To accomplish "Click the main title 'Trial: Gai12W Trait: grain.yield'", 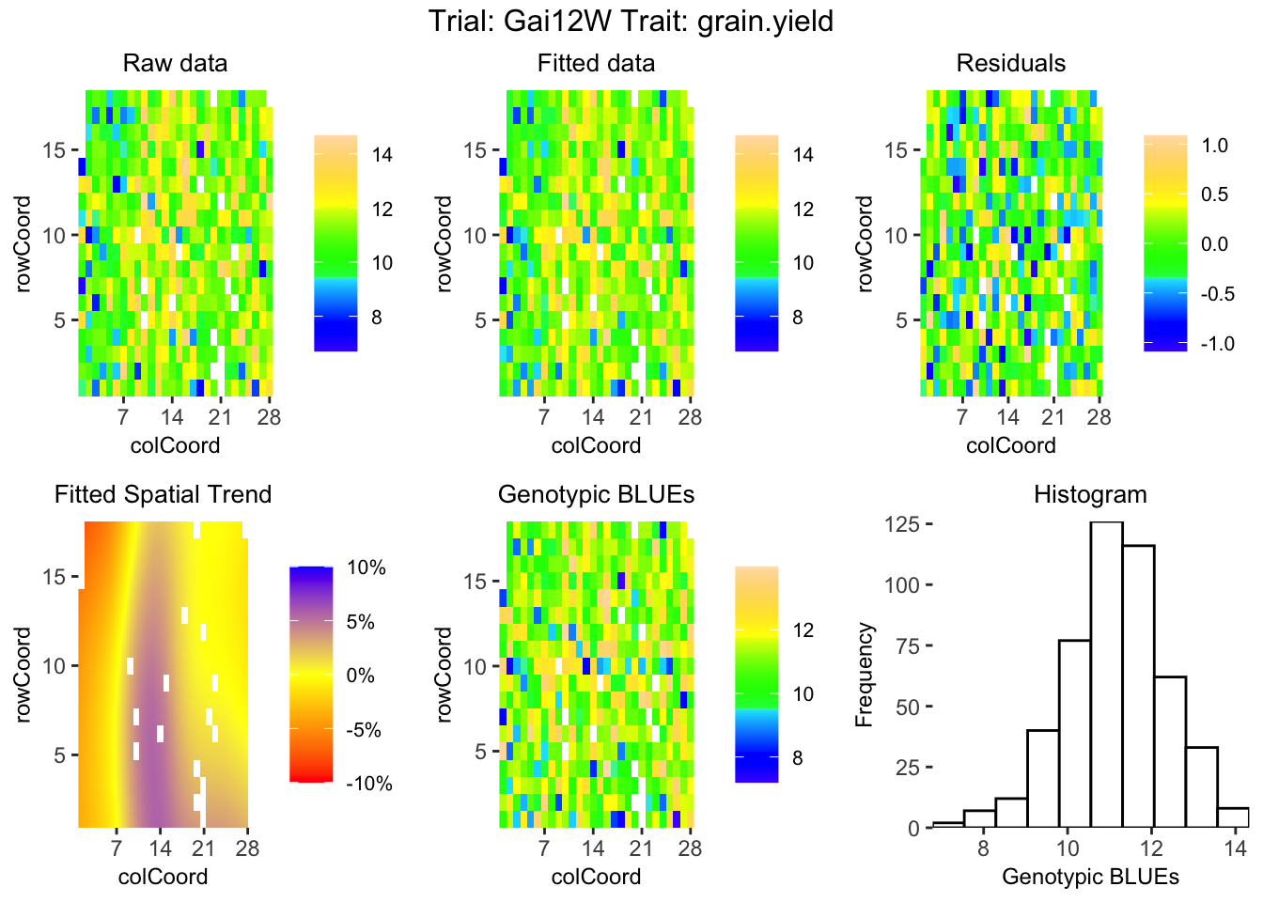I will point(631,21).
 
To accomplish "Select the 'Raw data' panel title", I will point(175,63).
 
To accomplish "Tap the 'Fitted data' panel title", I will point(596,63).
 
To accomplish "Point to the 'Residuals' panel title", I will point(1010,63).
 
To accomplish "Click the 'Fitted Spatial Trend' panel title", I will point(163,494).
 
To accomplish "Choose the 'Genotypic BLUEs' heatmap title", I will point(596,494).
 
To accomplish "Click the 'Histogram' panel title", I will point(1090,494).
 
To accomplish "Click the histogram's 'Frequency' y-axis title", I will point(865,675).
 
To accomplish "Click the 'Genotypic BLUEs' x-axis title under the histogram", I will point(1090,877).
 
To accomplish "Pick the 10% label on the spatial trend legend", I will point(366,568).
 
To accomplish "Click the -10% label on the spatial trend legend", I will point(368,784).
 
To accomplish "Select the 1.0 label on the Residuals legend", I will point(1215,146).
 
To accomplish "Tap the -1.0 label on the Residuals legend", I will point(1218,344).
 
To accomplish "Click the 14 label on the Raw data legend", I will point(382,155).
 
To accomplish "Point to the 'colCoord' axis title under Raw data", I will point(175,445).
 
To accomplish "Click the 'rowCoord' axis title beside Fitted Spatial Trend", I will point(24,675).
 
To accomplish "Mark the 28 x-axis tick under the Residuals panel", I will point(1099,417).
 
